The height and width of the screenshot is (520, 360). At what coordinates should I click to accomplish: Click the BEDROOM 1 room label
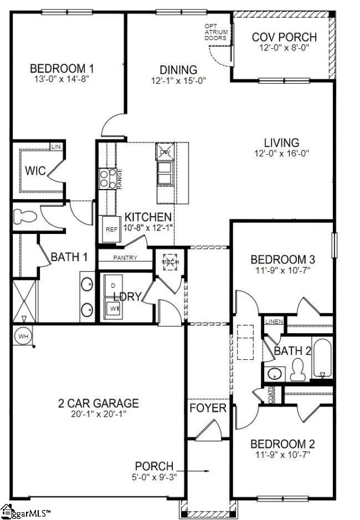coord(61,69)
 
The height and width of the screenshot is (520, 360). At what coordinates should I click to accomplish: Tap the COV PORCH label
coord(284,37)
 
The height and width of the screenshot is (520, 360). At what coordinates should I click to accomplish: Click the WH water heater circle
coord(23,336)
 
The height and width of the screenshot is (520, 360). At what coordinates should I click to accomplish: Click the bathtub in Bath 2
coord(322,360)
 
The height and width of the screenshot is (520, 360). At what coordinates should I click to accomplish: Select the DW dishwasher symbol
coord(165,151)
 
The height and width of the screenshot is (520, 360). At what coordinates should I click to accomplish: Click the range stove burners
coord(106,179)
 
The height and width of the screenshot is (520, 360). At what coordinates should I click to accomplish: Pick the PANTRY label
coord(125,258)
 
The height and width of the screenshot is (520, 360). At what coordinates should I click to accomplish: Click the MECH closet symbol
coord(169,262)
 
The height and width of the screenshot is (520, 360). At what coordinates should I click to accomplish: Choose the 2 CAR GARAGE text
coord(99,403)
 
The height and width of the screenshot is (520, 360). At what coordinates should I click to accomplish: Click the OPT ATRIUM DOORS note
coord(215,32)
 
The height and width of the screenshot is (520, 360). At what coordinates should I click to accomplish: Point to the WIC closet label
coord(35,170)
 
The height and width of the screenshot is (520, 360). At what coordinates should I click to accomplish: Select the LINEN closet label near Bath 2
coord(274,322)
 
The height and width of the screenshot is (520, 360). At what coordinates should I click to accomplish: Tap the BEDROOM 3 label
coord(282,259)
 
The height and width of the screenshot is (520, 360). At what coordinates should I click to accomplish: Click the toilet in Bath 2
coord(298,369)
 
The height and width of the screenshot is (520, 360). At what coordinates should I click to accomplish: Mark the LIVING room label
coord(281,142)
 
